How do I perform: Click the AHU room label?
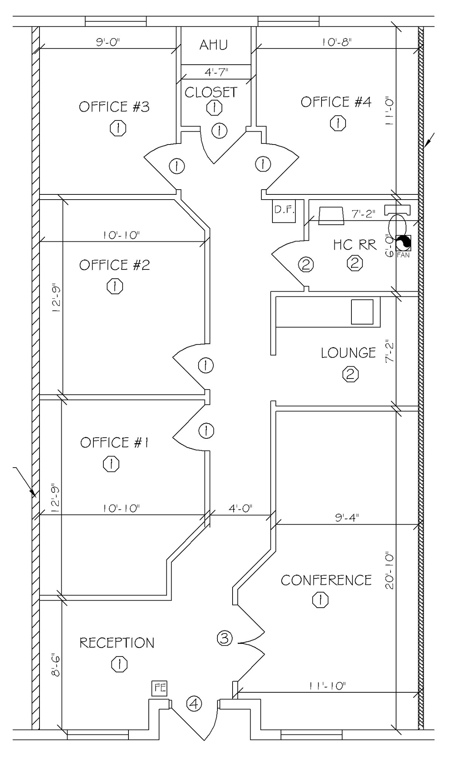[x=213, y=45]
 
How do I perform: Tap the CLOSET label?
[x=211, y=92]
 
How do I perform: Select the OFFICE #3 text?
[x=114, y=107]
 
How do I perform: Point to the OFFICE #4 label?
[x=336, y=102]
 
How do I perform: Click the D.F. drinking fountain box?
[x=284, y=211]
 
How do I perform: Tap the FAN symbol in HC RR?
[x=403, y=244]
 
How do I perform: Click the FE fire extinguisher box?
[x=160, y=688]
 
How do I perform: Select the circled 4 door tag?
[x=194, y=703]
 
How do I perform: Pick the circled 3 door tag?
[x=224, y=638]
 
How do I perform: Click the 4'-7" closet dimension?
[x=216, y=72]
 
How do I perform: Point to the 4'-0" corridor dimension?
[x=240, y=508]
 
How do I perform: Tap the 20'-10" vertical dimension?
[x=390, y=571]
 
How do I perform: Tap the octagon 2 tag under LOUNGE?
[x=350, y=375]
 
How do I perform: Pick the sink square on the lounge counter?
[x=362, y=312]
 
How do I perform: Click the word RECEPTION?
[x=117, y=643]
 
